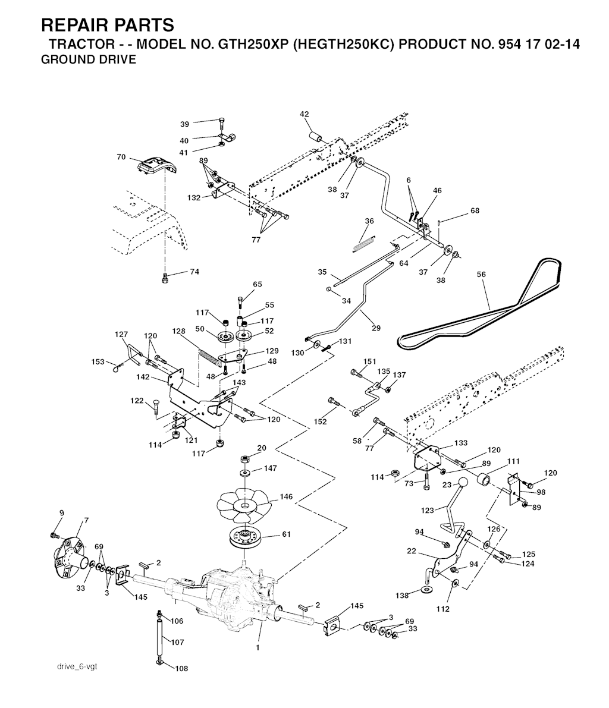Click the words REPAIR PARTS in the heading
click(108, 24)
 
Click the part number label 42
click(304, 114)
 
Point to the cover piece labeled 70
click(155, 165)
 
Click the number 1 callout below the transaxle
click(258, 648)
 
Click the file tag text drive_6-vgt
click(73, 666)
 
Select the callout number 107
click(177, 643)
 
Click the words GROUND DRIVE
click(88, 59)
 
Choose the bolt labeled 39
click(221, 124)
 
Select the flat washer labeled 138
click(426, 589)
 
